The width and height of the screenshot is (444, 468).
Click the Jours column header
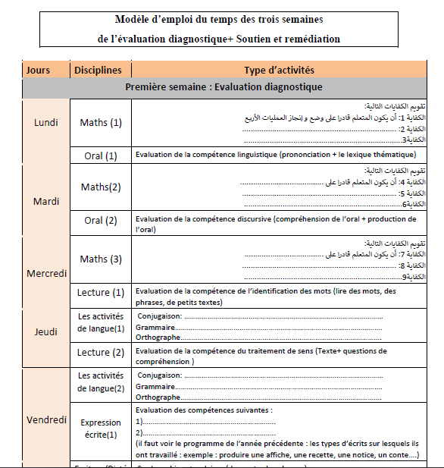click(38, 71)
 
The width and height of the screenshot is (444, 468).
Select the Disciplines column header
click(98, 71)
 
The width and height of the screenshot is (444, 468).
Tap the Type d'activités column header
click(280, 71)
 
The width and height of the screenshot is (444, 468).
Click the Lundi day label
click(46, 123)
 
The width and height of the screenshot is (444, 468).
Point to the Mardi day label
click(46, 202)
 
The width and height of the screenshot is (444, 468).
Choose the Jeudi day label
click(46, 331)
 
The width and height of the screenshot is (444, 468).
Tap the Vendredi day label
click(46, 420)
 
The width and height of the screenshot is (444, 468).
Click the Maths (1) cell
click(101, 122)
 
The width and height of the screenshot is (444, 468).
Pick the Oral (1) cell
click(101, 155)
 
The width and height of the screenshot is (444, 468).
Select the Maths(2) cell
click(101, 187)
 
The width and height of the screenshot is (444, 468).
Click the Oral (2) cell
click(101, 221)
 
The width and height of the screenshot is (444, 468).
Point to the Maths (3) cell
click(101, 259)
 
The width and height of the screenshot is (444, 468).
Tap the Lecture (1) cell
click(101, 293)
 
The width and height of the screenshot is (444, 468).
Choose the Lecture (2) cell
click(101, 353)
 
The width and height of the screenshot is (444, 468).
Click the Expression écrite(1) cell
click(101, 430)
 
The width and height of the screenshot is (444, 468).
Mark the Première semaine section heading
click(224, 87)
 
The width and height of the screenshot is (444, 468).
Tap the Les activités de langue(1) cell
click(101, 322)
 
